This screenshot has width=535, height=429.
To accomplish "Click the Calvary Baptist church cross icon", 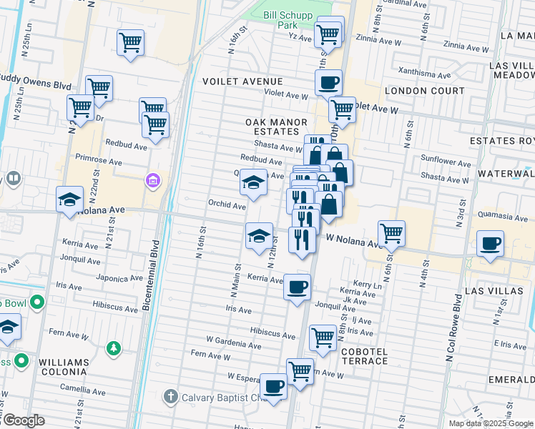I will pos(170,396).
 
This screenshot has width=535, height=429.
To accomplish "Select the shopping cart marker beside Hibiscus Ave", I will pos(323,336).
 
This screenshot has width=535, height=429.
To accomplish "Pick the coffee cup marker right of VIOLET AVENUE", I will pos(328,82).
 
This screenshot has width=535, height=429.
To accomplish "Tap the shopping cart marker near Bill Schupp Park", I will pos(328,32).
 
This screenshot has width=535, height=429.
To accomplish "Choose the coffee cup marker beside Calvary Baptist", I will pos(273,387).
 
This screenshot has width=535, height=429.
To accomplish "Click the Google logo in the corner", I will pos(24,420).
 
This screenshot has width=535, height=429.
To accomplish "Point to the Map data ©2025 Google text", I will pos(490,423).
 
